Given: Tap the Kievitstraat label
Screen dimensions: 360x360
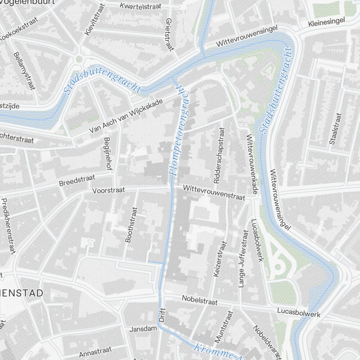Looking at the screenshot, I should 94,20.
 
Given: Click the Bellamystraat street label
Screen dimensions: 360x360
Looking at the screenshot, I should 24,71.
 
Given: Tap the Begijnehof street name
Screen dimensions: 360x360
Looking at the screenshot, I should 107,153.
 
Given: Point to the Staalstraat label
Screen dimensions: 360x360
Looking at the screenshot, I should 335,129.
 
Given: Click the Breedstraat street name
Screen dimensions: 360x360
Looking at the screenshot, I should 77,180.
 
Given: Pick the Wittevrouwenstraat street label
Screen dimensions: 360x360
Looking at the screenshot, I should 214,193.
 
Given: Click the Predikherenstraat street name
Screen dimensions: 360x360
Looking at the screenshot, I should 9,226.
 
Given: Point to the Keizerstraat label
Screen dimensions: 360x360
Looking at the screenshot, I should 220,258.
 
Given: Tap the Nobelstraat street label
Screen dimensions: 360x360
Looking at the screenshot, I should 199,300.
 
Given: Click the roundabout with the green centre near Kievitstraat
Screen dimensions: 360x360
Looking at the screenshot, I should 79,59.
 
